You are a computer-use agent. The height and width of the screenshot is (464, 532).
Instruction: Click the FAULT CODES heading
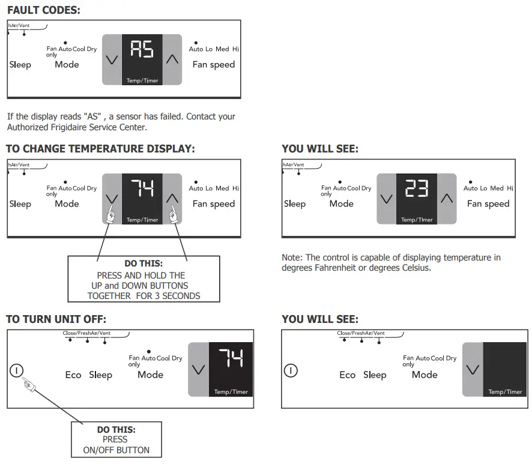[x=43, y=10]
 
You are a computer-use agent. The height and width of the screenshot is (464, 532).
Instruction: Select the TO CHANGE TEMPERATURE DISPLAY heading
[x=100, y=149]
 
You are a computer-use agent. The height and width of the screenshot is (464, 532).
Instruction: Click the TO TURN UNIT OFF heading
[x=56, y=319]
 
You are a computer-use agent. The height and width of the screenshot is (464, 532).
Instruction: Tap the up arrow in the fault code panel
[x=172, y=59]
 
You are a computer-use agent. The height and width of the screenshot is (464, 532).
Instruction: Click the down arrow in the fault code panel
[x=112, y=59]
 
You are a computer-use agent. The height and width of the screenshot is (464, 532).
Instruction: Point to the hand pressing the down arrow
[x=110, y=214]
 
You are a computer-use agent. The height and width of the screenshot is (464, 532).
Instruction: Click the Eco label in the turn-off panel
[x=73, y=375]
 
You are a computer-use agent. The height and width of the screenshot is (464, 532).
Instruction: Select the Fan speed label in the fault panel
[x=213, y=65]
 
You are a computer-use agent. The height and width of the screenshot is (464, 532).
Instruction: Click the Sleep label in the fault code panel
[x=20, y=65]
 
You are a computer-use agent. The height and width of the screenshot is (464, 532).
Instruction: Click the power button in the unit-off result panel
[x=291, y=370]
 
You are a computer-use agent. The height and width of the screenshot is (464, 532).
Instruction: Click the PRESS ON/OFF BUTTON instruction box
[x=116, y=440]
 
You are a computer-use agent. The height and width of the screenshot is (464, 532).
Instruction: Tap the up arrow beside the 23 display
[x=447, y=198]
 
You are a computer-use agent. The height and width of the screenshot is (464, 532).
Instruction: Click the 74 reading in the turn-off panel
[x=231, y=358]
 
